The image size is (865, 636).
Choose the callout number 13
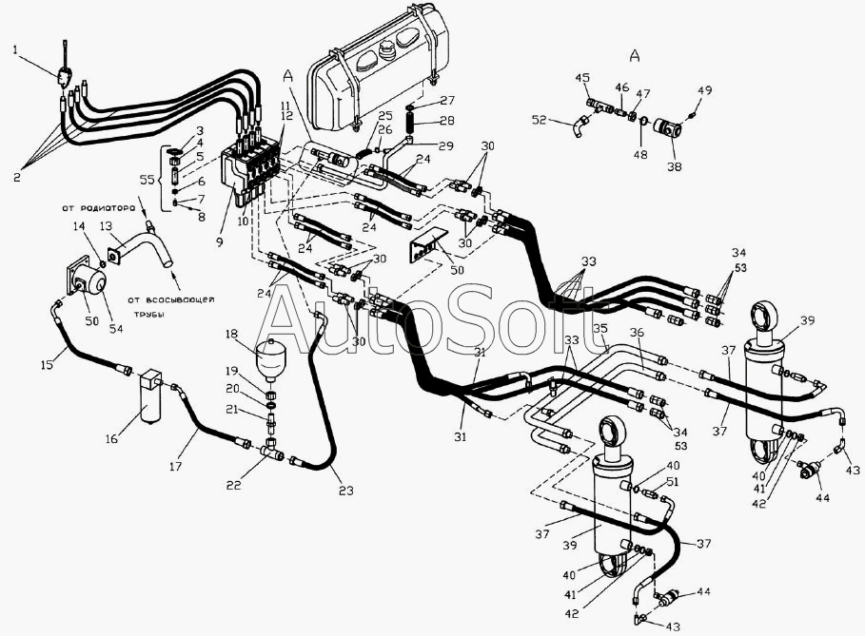tap(107, 225)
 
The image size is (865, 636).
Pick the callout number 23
tap(345, 491)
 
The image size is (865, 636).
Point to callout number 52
tap(541, 120)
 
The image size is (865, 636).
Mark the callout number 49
tap(705, 91)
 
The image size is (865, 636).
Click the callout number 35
tap(600, 329)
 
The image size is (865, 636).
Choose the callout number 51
tap(672, 482)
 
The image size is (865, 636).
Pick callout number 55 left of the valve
tap(147, 179)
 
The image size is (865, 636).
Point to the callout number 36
tap(637, 332)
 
